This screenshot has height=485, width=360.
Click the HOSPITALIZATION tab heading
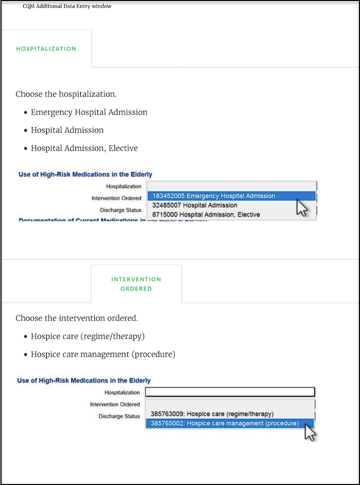pos(46,49)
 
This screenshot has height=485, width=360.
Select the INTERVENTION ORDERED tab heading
pos(136,284)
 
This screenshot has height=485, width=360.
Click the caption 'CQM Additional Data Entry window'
pos(67,6)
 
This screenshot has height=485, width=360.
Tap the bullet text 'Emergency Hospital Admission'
pos(89,112)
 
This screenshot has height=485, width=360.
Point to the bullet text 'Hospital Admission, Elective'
pos(84,148)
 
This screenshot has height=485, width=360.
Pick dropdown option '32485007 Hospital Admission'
pos(194,205)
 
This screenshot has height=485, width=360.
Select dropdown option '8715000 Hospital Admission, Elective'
pos(206,215)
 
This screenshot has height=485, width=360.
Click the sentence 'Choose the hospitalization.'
pos(66,94)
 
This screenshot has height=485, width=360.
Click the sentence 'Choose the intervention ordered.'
pos(77,318)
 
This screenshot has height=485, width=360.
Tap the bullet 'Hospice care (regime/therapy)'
pos(87,336)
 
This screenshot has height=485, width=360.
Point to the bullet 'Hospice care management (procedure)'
pos(103,354)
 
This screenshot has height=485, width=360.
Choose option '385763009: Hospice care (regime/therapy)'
pos(212,414)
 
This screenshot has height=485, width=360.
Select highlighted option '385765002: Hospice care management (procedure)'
pos(224,423)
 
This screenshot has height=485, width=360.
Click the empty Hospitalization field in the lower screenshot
pos(230,392)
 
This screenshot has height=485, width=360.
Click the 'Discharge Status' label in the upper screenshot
pos(121,210)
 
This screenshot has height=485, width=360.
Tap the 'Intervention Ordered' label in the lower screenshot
pos(115,405)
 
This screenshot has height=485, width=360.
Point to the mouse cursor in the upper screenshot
pos(301,207)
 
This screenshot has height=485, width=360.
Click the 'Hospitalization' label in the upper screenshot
pos(124,186)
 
